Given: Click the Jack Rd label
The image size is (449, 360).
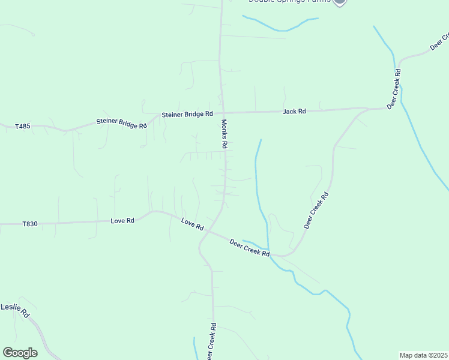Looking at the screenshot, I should (x=294, y=111).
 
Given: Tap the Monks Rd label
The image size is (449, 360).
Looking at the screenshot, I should (x=224, y=133).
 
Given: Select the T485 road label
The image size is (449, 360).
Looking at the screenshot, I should (x=23, y=126).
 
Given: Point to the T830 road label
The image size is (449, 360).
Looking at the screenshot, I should (x=30, y=224).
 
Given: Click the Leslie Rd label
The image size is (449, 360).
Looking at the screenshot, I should (x=15, y=309).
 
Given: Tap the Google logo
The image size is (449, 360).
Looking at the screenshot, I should (x=20, y=353).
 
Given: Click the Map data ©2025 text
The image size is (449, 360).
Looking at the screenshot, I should (x=423, y=355).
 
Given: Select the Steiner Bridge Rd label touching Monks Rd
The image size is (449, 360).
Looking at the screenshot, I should (x=187, y=114).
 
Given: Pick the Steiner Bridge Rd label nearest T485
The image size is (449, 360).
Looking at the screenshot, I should (x=122, y=123).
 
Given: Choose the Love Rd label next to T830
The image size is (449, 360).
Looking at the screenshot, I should (x=122, y=220).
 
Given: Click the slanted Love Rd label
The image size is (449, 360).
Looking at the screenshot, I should (x=193, y=225).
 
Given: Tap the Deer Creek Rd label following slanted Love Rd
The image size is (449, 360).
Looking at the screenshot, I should (x=250, y=247).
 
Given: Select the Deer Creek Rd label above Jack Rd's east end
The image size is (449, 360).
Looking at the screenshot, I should (x=394, y=88).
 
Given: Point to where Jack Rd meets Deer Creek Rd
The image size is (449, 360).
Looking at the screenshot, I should (x=367, y=109).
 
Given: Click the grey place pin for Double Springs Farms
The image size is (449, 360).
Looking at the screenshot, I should (x=340, y=2).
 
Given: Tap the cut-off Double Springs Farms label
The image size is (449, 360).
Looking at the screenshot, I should (x=289, y=1).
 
